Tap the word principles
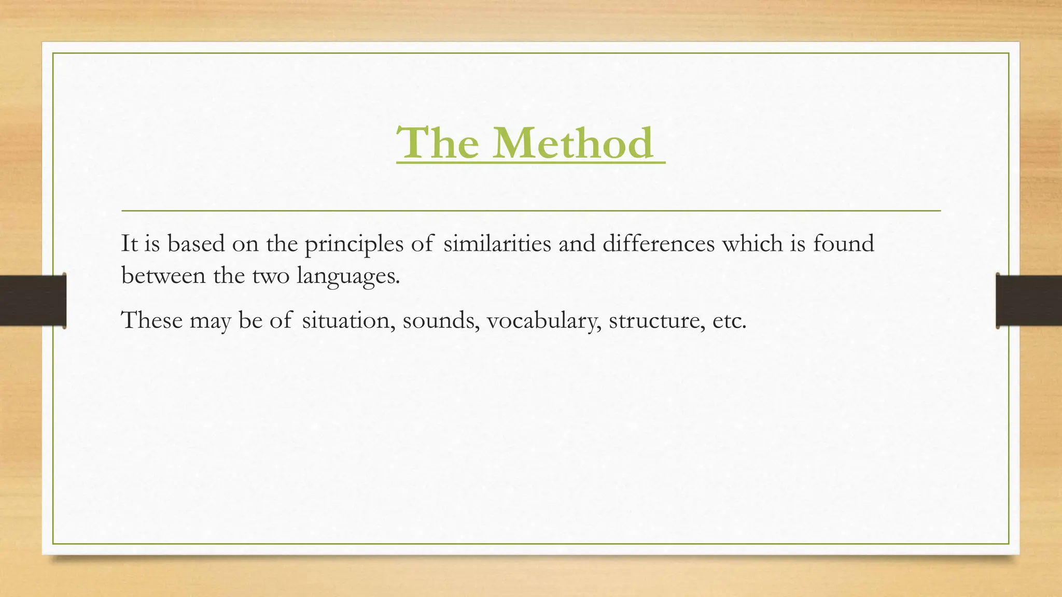[354, 244]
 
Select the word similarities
[497, 244]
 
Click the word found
[843, 244]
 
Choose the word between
[163, 275]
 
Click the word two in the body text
[271, 275]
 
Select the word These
[152, 320]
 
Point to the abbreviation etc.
[729, 320]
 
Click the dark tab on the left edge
[33, 301]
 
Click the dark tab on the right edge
[1029, 301]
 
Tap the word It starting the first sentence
[129, 244]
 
